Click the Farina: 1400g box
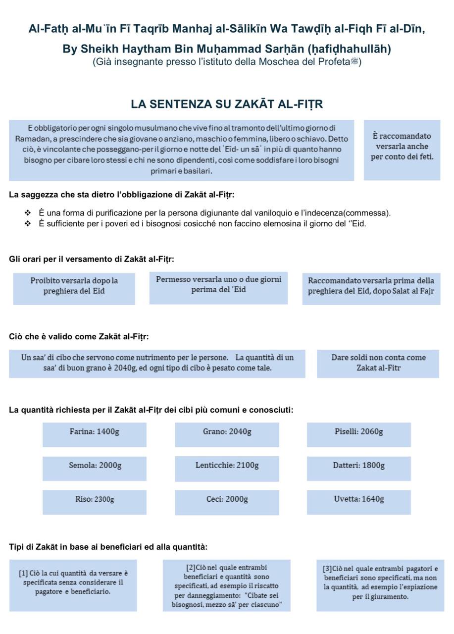(x=94, y=434)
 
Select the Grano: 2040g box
(x=227, y=434)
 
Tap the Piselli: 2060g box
(x=358, y=434)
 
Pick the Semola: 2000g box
(x=94, y=468)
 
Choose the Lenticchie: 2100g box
(x=227, y=468)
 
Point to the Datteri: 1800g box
(x=358, y=468)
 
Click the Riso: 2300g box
(x=94, y=502)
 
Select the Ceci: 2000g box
(x=227, y=502)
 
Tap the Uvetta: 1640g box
(x=358, y=502)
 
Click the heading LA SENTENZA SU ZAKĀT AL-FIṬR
(x=227, y=104)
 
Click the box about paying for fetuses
(x=402, y=149)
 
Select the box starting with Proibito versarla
(x=74, y=288)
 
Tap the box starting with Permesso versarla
(x=218, y=287)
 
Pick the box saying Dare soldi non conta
(x=378, y=364)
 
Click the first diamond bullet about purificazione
(x=28, y=213)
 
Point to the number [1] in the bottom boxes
(x=23, y=574)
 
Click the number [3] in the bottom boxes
(x=327, y=569)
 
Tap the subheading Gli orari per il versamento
(x=91, y=259)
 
